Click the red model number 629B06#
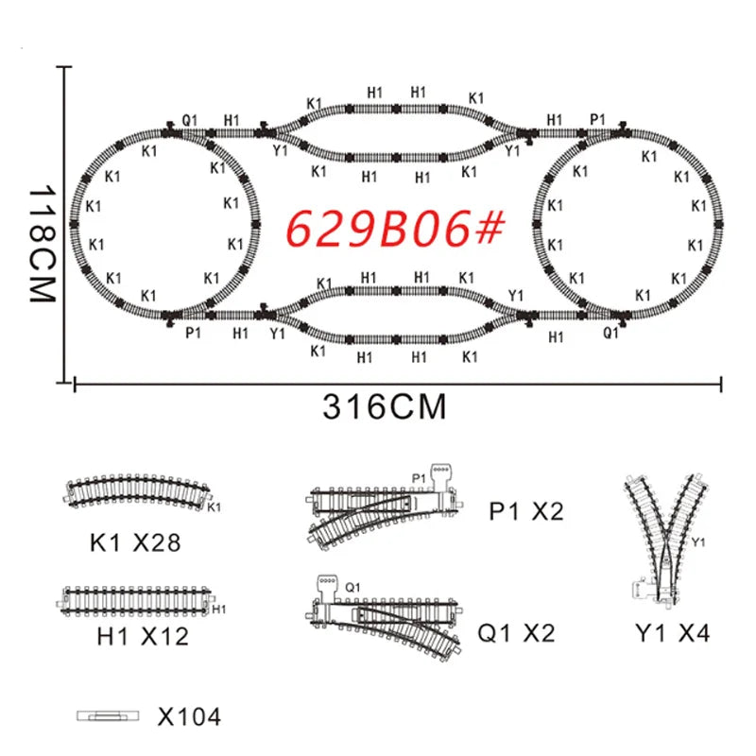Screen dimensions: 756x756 (395, 229)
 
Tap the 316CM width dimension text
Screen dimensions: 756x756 (385, 407)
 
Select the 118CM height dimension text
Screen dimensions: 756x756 (43, 244)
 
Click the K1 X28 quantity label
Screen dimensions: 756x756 (135, 542)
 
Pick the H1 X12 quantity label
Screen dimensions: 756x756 (143, 636)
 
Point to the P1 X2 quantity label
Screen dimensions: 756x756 (526, 511)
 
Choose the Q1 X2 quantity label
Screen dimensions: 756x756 (516, 633)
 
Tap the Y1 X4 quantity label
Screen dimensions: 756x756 (673, 633)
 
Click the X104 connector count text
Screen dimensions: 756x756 (189, 717)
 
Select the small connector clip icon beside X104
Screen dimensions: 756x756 (108, 716)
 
